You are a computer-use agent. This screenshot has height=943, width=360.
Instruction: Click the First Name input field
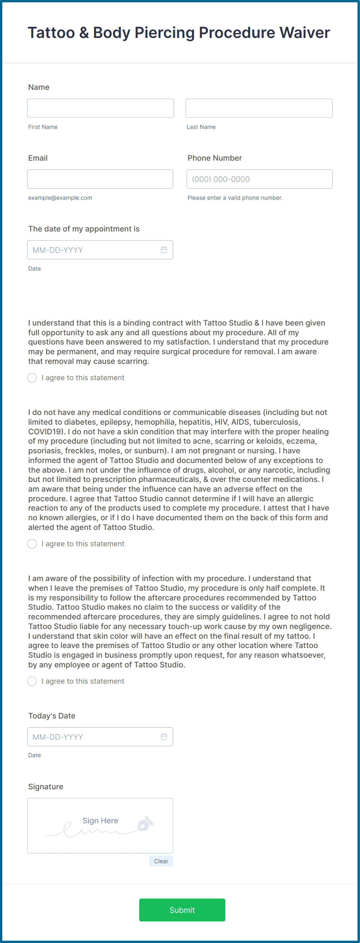101,108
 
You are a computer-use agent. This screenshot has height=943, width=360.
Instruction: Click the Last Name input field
259,108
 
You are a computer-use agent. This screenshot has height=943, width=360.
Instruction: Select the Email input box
100,179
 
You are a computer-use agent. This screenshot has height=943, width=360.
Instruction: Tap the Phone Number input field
259,179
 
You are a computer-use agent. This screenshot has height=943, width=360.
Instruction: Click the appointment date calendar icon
164,250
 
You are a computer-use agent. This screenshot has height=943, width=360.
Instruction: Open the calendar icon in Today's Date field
164,737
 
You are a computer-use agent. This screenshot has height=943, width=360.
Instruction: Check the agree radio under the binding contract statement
32,378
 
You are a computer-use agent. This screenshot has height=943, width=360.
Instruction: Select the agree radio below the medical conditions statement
32,544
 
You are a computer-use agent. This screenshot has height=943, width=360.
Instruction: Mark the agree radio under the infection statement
32,681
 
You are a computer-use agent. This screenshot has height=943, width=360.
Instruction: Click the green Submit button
182,910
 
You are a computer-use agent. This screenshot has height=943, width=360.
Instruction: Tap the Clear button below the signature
161,861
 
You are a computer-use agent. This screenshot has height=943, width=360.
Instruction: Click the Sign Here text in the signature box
100,821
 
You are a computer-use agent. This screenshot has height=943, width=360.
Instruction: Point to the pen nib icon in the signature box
145,824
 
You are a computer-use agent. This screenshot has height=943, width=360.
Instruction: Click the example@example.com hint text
60,198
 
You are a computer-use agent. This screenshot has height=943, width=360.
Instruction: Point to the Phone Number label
214,158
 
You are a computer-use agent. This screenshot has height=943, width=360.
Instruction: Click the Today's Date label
51,716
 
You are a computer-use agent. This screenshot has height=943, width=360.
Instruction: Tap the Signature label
46,787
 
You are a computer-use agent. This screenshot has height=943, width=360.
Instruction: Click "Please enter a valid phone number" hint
235,198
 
